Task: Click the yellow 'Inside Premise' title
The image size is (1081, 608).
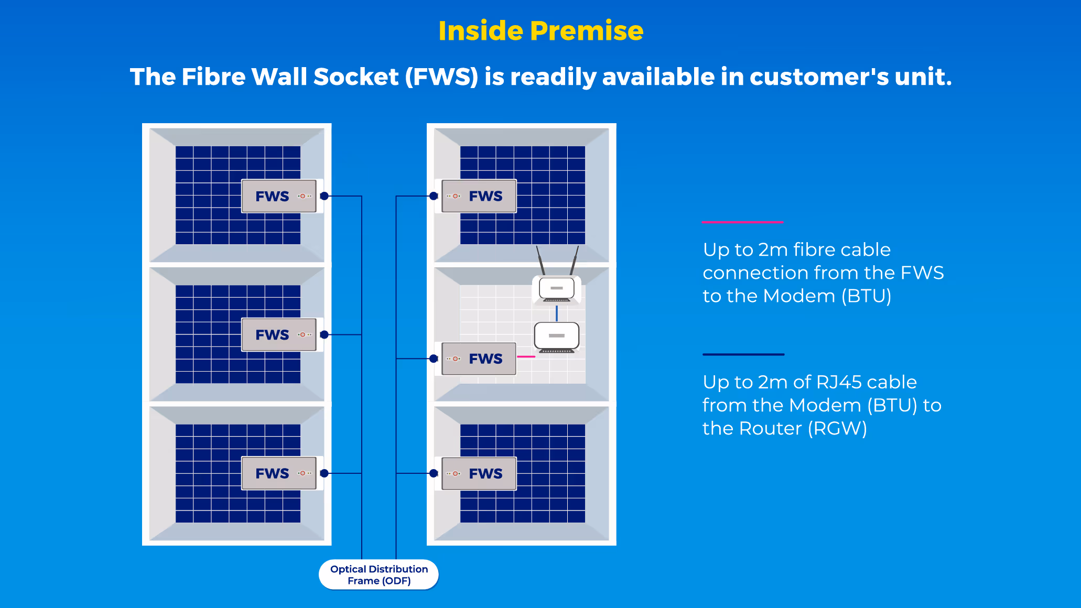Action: (540, 30)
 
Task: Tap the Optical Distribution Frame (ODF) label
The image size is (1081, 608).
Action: (379, 575)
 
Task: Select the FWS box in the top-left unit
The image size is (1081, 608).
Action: (279, 196)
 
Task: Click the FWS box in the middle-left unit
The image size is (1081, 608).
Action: (279, 334)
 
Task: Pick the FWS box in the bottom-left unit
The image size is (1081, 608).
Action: (279, 473)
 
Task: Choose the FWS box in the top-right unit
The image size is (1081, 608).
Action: (479, 196)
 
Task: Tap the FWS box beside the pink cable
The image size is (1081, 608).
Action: (479, 359)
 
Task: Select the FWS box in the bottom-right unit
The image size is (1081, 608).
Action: (479, 473)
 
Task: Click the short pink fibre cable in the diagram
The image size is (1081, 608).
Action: (526, 356)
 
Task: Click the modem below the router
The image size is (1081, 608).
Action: (557, 336)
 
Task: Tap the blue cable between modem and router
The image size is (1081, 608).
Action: (557, 313)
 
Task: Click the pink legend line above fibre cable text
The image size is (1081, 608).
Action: (742, 222)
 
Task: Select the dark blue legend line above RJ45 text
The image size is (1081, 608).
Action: (743, 354)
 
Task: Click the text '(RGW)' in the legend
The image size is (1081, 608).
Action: (837, 428)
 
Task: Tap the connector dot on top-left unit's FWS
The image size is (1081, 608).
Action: (325, 196)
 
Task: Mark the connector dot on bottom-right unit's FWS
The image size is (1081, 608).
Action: (434, 473)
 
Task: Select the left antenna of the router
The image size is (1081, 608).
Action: (540, 260)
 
